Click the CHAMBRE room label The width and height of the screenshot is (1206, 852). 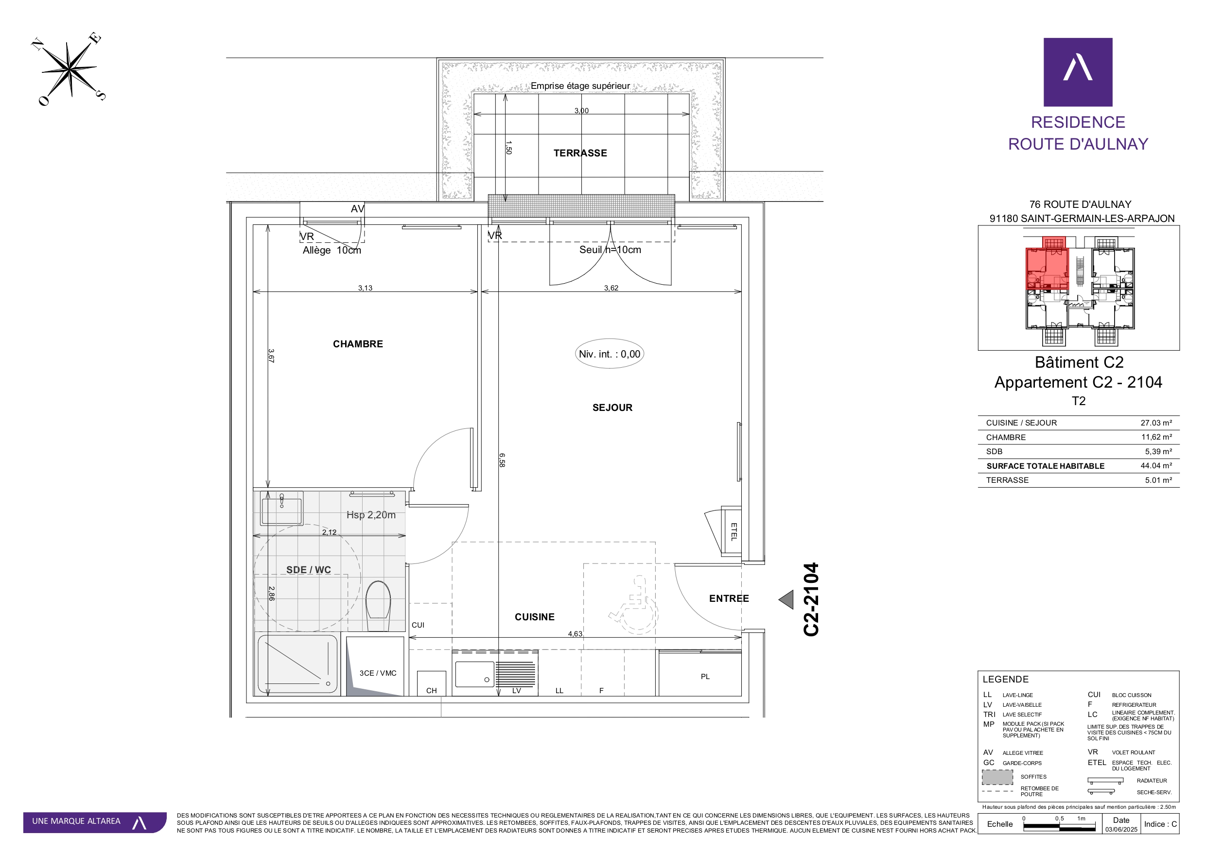point(358,344)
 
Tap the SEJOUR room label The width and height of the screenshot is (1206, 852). point(612,408)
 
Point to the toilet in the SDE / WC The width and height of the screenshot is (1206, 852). point(378,605)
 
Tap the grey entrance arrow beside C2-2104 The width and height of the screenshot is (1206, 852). point(787,599)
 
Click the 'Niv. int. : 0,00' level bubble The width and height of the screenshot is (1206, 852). point(609,354)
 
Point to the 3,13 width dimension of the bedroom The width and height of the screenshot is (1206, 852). point(365,288)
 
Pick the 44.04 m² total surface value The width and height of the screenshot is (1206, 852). point(1156,466)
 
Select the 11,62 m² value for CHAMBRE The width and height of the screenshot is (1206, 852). point(1156,437)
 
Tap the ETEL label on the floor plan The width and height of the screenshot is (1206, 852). point(734,531)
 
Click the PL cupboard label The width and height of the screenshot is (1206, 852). point(705,677)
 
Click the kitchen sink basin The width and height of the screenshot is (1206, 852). point(474,674)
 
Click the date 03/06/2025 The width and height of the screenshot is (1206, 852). point(1121,830)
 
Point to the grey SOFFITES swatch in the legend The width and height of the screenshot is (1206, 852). point(997,777)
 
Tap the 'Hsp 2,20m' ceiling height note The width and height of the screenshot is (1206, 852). point(371,515)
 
